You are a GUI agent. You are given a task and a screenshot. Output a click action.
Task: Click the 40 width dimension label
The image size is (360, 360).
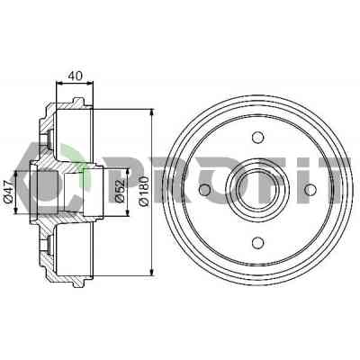pyautogui.click(x=75, y=76)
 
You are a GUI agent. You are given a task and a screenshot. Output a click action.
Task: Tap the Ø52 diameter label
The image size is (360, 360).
pyautogui.click(x=120, y=191)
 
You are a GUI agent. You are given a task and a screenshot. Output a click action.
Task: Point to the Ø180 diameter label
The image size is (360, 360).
pyautogui.click(x=144, y=191)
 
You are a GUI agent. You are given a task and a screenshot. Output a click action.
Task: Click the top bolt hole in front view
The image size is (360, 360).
pyautogui.click(x=257, y=138)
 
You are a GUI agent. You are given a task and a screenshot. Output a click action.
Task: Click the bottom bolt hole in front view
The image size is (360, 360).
pyautogui.click(x=257, y=242)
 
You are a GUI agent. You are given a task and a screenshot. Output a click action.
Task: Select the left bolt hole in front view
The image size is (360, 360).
pyautogui.click(x=205, y=190)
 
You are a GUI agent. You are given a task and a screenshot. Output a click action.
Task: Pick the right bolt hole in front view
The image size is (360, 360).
pyautogui.click(x=310, y=190)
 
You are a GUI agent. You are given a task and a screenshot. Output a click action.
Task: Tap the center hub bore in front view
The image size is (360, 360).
pyautogui.click(x=257, y=190)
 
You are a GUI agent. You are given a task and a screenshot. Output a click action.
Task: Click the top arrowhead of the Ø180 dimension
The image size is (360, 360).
pyautogui.click(x=152, y=112)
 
